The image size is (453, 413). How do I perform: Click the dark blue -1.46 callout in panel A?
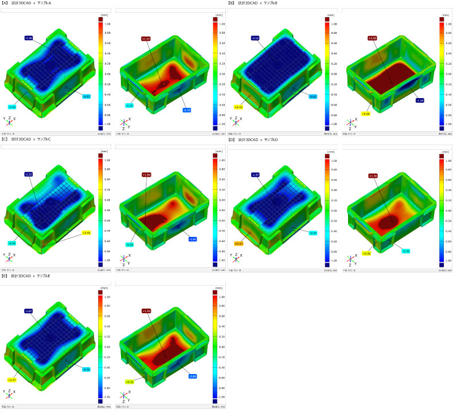click(29, 38)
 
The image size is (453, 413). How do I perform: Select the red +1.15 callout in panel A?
click(145, 38)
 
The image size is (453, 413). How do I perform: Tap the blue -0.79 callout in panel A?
click(186, 110)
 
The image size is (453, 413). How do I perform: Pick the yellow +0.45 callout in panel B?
click(239, 107)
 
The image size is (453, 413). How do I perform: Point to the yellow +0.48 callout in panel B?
click(365, 114)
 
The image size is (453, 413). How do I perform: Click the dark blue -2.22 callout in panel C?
click(29, 174)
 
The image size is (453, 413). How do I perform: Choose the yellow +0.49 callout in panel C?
click(87, 233)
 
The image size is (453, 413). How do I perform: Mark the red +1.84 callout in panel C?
click(145, 174)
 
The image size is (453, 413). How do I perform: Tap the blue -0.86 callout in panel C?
click(193, 239)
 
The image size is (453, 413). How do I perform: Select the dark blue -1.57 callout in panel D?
click(256, 174)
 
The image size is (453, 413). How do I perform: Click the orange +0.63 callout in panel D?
click(239, 243)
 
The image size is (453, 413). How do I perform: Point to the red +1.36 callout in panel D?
click(373, 176)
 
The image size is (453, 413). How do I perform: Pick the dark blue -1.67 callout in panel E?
click(29, 310)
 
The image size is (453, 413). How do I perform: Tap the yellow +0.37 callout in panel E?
click(11, 380)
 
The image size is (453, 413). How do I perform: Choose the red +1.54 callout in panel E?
click(145, 310)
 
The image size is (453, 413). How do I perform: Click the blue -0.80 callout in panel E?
click(193, 376)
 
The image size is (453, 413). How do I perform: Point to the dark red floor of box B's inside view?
click(396, 77)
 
